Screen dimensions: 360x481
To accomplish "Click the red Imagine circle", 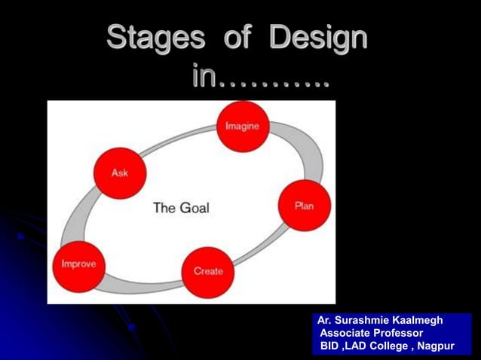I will (242, 127).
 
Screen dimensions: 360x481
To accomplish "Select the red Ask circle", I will (119, 173).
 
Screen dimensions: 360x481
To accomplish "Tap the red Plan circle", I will (304, 205).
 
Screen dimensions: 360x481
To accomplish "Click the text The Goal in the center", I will (181, 208).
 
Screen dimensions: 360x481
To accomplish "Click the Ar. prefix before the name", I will (324, 320).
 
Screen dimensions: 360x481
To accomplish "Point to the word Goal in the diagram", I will (195, 208).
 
